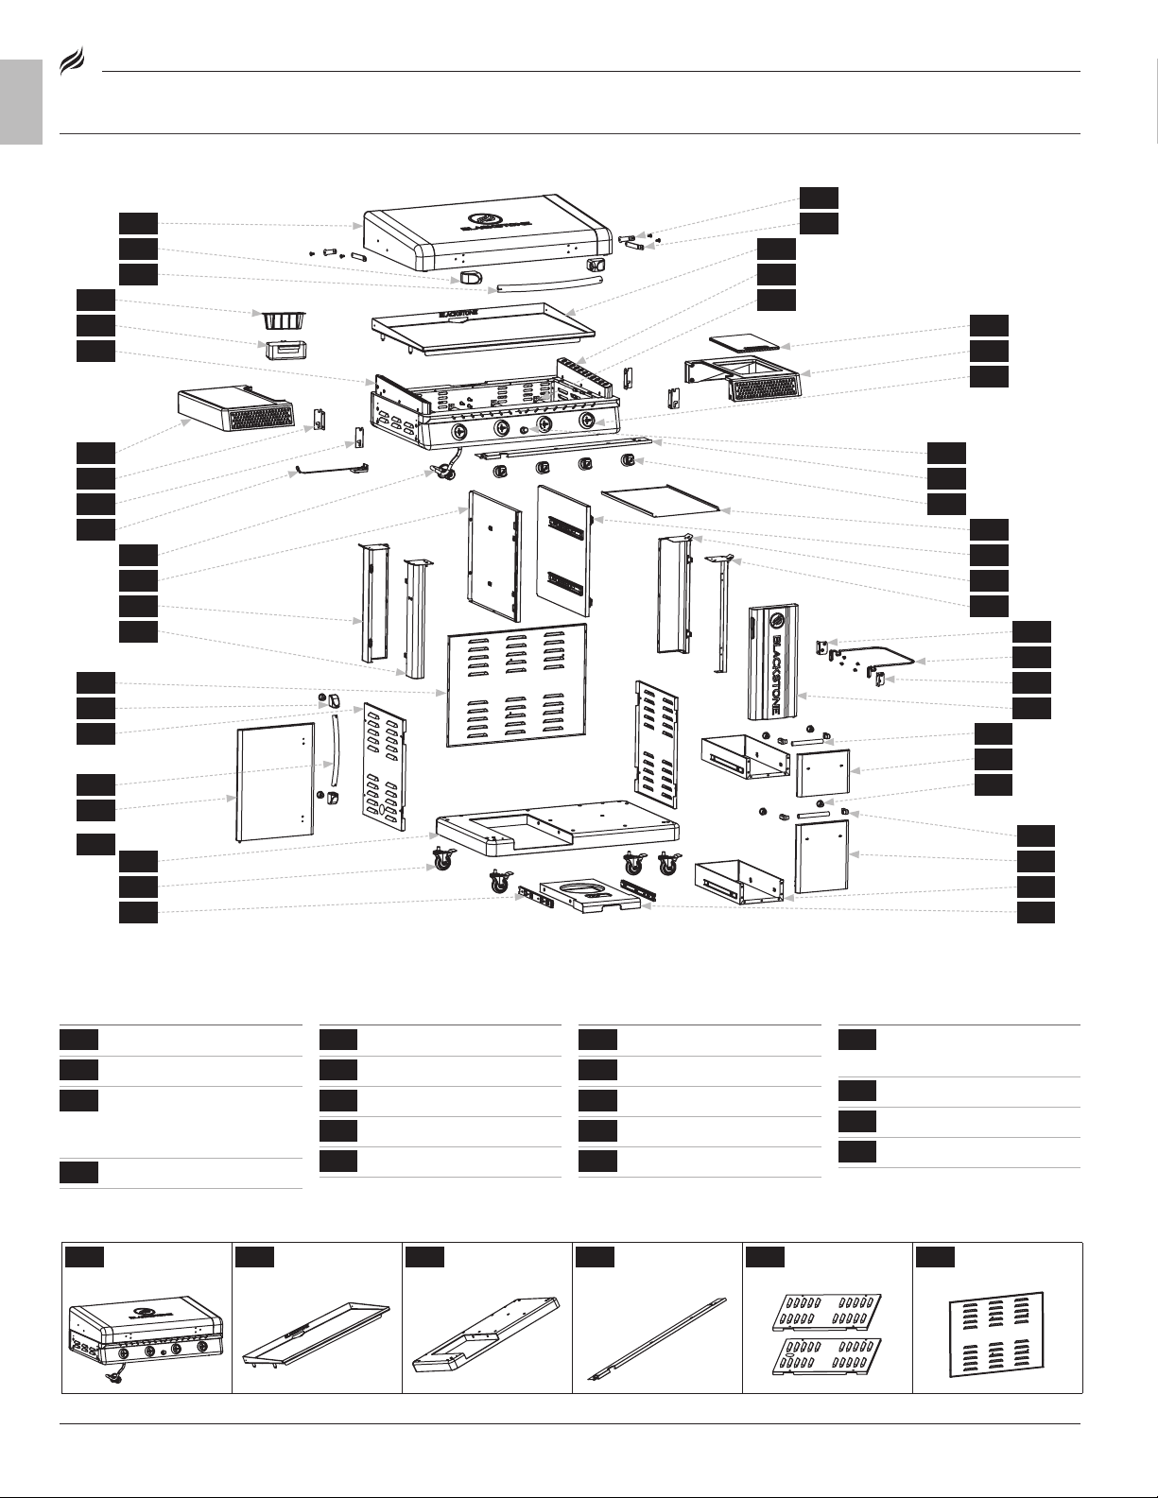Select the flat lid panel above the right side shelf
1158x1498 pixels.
(745, 339)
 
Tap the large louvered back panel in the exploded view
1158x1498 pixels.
(516, 685)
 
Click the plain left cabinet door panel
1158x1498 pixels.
(273, 782)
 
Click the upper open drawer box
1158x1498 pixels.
(744, 756)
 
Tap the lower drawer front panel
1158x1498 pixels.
(821, 855)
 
